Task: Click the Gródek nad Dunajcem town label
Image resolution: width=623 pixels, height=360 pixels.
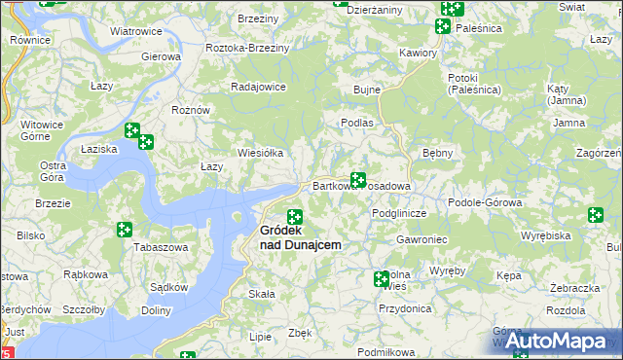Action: pyautogui.click(x=300, y=238)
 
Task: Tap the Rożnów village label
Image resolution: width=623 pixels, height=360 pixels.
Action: pyautogui.click(x=191, y=110)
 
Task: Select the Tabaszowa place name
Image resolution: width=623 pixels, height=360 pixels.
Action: pyautogui.click(x=161, y=247)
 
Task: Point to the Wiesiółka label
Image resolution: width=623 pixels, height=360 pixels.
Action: pyautogui.click(x=261, y=153)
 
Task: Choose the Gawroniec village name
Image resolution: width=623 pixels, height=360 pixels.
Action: pyautogui.click(x=421, y=239)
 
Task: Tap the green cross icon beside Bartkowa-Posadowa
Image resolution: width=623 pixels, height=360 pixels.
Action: pyautogui.click(x=358, y=180)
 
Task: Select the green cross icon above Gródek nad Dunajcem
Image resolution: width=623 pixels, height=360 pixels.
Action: pyautogui.click(x=294, y=216)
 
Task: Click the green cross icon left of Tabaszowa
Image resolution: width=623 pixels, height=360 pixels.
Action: pyautogui.click(x=125, y=230)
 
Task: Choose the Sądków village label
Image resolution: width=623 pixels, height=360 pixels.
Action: pyautogui.click(x=169, y=287)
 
